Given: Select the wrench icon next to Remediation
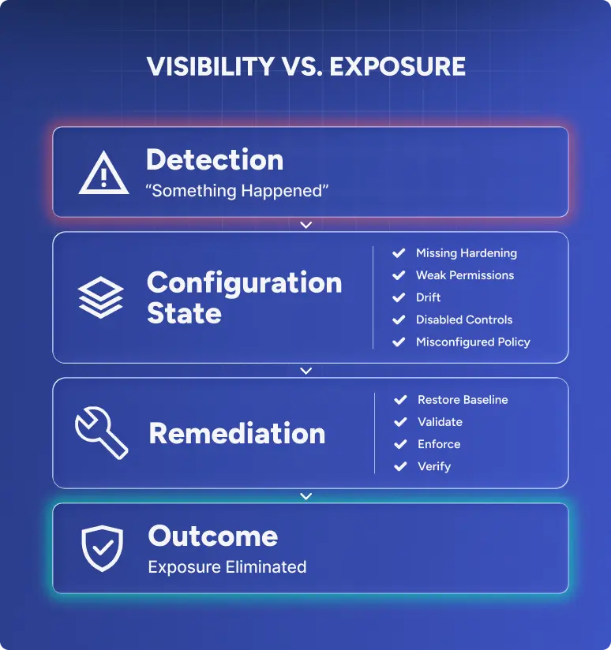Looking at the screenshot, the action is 101,432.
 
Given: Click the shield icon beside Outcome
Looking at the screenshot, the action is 102,548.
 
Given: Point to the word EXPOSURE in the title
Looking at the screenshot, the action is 397,66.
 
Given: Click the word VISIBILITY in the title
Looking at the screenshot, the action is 211,66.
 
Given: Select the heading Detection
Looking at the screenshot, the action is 215,159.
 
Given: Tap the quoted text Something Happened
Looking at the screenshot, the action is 237,191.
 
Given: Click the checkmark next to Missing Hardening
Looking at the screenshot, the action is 399,253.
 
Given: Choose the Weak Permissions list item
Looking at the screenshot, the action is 465,275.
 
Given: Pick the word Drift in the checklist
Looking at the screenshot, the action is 428,297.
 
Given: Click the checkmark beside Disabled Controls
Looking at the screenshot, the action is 399,319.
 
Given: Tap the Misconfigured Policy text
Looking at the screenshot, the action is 473,342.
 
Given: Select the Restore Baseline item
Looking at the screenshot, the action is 463,400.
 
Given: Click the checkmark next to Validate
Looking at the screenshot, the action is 400,422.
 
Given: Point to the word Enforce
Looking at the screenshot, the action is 439,444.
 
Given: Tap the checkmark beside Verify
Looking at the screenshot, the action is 400,466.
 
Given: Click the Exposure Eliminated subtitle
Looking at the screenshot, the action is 227,567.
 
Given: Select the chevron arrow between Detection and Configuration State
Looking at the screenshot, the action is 305,225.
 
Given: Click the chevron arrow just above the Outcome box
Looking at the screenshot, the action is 305,496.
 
